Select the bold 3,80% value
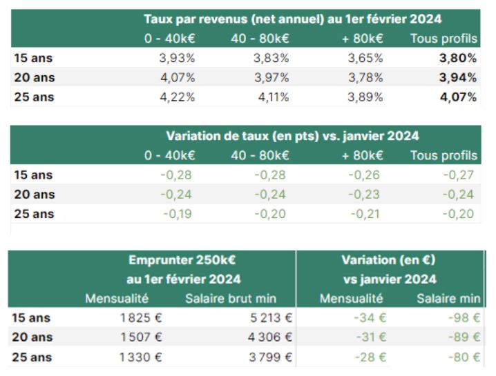(458, 59)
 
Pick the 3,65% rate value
(365, 59)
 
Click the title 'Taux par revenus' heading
(292, 19)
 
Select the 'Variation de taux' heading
(292, 136)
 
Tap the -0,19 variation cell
(178, 214)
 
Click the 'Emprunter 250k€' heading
(182, 261)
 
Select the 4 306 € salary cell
(271, 337)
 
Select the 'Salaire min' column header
(448, 299)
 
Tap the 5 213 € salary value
(271, 319)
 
